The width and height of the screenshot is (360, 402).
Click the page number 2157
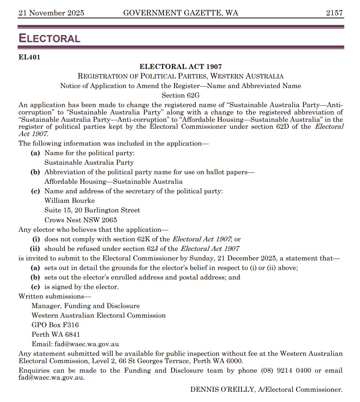[334, 13]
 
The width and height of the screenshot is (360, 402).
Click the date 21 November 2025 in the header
[51, 13]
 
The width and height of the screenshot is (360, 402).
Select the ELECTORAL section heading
[49, 38]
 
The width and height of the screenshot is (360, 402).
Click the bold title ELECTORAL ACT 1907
[181, 67]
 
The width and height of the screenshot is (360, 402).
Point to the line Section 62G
[181, 95]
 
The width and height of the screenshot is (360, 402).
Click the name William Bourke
[70, 201]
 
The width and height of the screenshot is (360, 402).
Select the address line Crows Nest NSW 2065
[81, 220]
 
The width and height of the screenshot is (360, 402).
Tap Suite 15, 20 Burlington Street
[92, 210]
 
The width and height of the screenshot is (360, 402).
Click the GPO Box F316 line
[55, 325]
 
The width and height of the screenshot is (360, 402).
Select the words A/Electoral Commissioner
[300, 390]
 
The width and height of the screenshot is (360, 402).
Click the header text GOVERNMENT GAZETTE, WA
[181, 13]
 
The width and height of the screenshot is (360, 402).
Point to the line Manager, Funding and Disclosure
[85, 306]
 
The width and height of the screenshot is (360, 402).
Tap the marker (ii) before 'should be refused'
[37, 249]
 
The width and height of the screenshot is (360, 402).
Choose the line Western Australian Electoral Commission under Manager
[99, 315]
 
